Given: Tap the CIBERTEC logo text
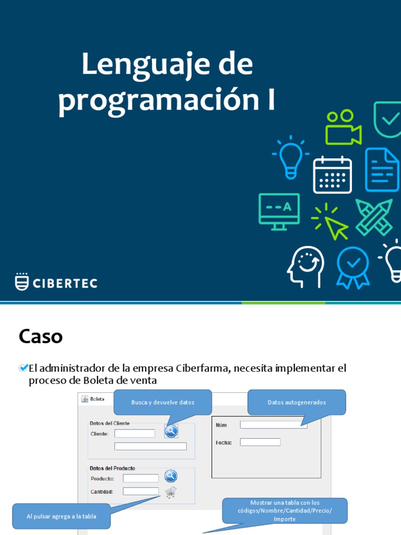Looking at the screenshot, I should pos(65,283).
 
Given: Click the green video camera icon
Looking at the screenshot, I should pos(343,128).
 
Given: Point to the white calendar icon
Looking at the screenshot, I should pos(332,175).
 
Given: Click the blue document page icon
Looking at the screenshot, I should pos(382,169).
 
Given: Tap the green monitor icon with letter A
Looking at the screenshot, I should pos(279,211).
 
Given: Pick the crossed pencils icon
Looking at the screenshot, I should pos(374,217).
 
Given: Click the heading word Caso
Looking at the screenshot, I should pos(41,336).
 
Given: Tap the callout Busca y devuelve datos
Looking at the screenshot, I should pos(163,402).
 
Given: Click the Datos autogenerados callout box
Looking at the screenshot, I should pos(297,402).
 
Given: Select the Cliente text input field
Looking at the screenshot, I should pos(135,433).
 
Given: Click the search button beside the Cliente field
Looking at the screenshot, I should pos(171,431).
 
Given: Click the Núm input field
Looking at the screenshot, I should pos(274,425).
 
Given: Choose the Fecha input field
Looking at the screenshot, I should pos(260,442).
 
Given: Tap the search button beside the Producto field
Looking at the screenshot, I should pos(171,476).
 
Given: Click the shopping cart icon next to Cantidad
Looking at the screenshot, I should pos(171,492).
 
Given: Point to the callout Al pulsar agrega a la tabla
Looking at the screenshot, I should pos(61,516).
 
